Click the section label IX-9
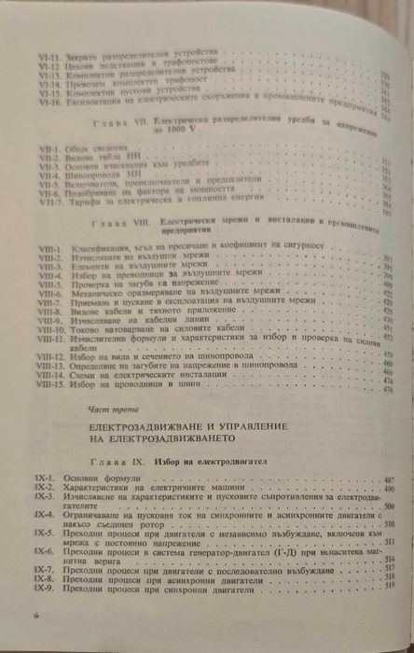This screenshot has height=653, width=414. point(42,589)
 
